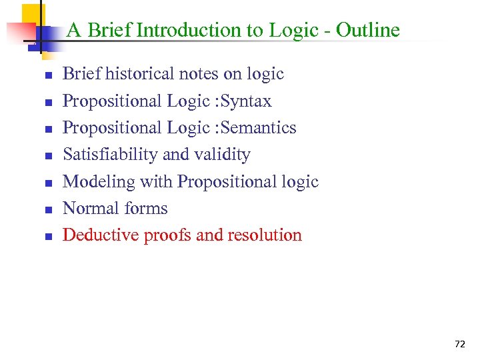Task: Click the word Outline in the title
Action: [x=367, y=31]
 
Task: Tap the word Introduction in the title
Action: [x=191, y=31]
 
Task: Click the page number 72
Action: [x=459, y=344]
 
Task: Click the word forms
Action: [x=145, y=209]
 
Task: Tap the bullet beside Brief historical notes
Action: [x=48, y=75]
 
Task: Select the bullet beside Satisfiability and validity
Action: [x=48, y=156]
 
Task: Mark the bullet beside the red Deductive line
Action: [x=48, y=237]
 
